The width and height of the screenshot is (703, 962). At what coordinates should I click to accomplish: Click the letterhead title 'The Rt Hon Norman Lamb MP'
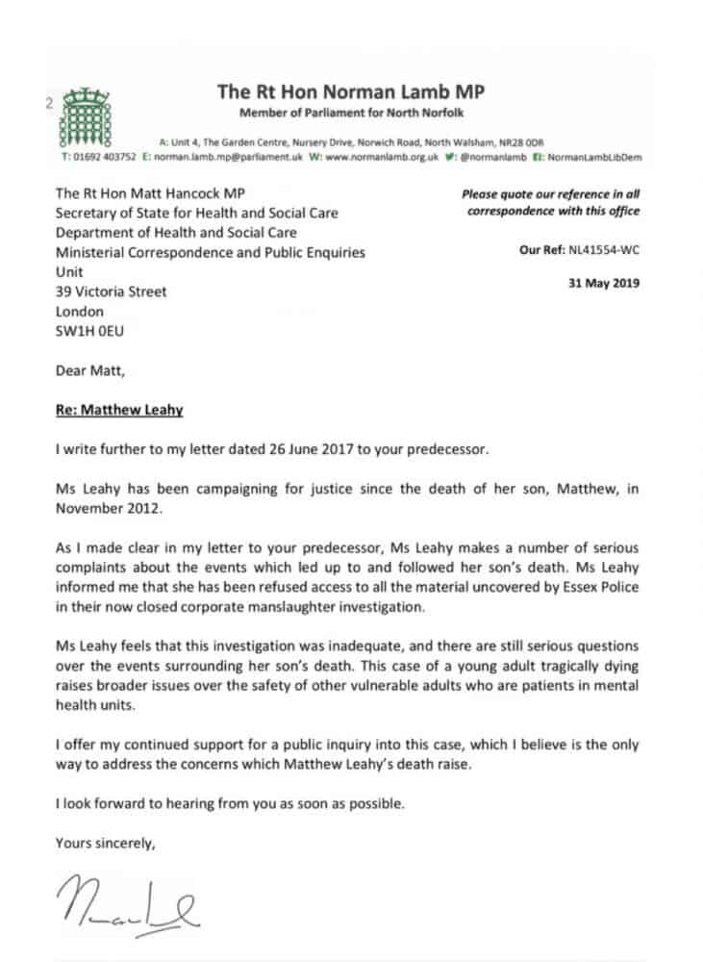coord(351,92)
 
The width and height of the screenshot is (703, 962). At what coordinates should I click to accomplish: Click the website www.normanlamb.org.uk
coord(383,156)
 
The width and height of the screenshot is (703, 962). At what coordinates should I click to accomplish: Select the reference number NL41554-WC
coord(605,250)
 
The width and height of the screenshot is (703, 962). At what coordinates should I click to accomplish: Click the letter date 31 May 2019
coord(604,283)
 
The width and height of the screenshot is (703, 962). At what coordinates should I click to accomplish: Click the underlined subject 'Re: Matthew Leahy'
coord(118,410)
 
